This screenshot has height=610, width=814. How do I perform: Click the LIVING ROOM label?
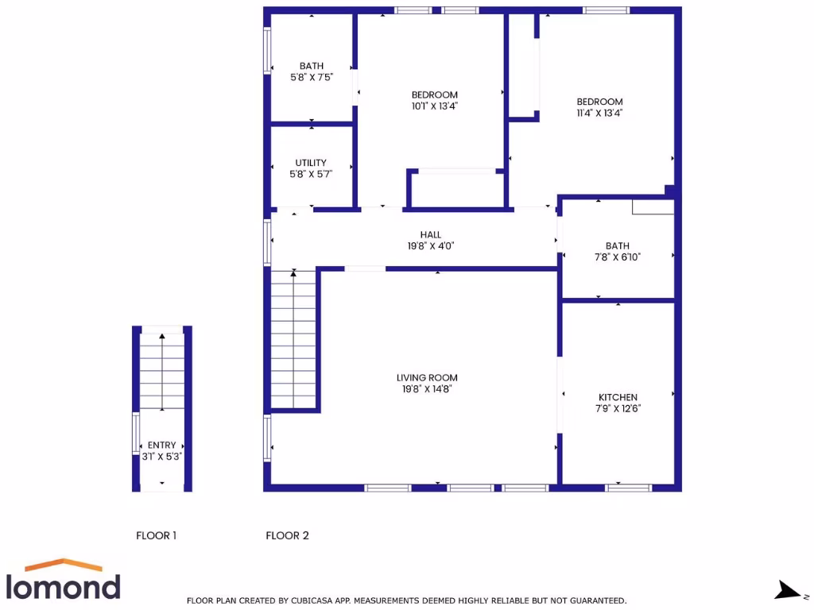[427, 378]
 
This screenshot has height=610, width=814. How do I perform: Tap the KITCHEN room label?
[618, 397]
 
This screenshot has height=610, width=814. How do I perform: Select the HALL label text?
[431, 235]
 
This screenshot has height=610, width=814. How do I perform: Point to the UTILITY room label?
[311, 163]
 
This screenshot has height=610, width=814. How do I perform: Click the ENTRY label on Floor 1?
[162, 446]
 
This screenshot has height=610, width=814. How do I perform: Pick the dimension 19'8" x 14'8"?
[427, 389]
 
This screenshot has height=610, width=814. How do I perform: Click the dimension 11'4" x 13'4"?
[599, 113]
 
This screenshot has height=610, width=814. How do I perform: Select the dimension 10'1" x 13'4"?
[434, 106]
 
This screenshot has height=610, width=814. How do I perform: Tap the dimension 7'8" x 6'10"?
[617, 257]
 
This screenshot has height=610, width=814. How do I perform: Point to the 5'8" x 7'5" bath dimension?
[311, 77]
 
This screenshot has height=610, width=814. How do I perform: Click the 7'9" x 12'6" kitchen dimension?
[618, 408]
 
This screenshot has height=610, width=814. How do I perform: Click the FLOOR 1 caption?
[156, 536]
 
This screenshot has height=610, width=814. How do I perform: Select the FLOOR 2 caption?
[287, 536]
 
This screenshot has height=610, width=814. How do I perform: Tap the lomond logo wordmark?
[64, 587]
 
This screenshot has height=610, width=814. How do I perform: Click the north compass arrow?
[788, 590]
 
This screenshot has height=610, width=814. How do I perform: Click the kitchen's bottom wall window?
[629, 487]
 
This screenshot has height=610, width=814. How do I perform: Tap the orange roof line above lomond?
[64, 565]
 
